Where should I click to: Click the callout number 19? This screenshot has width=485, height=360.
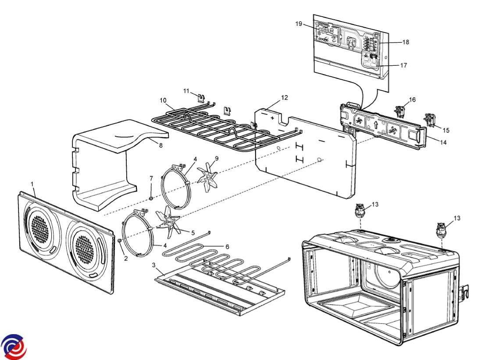[x=299, y=24]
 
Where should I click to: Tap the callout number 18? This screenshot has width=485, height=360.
[x=406, y=42]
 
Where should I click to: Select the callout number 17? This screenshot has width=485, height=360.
[x=403, y=65]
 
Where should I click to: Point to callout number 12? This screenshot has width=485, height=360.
[x=285, y=98]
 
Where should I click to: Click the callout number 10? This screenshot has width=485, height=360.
[x=163, y=100]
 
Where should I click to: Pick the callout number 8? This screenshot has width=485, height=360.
[x=160, y=145]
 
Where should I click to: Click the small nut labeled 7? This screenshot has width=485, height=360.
[x=151, y=198]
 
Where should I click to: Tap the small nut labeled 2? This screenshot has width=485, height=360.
[x=119, y=240]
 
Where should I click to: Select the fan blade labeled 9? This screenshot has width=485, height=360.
[x=207, y=177]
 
